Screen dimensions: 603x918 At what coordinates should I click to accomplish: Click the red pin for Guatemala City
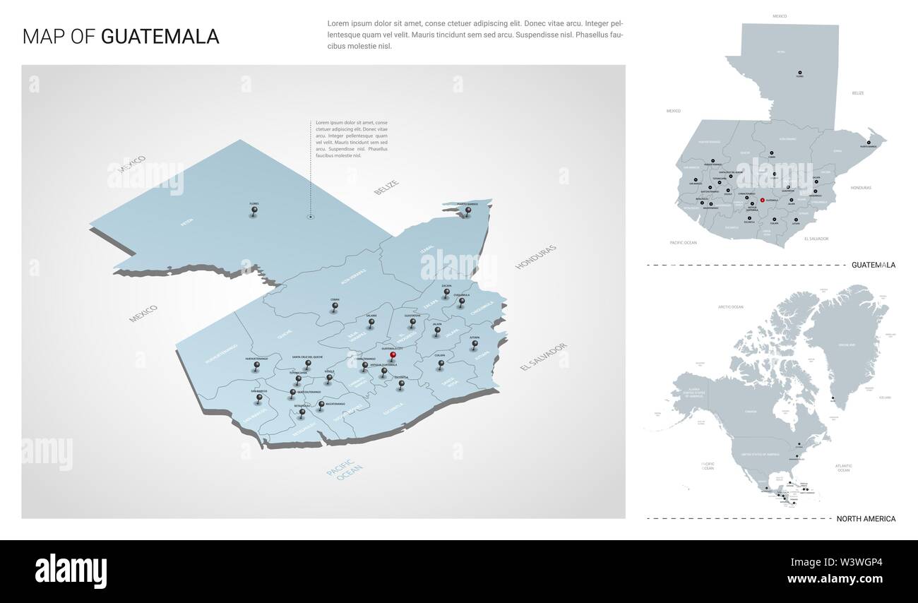(x=393, y=357)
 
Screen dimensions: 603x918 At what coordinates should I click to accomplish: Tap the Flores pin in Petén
(x=254, y=211)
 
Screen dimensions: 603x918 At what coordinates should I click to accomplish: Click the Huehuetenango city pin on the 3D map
(x=256, y=366)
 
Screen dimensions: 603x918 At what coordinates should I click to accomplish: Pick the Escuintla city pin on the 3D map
(x=401, y=385)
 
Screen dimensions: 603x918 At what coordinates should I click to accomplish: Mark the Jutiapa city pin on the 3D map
(x=475, y=345)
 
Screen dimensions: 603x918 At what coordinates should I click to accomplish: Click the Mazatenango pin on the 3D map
(x=321, y=405)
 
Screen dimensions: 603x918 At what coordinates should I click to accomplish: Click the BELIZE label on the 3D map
(x=386, y=188)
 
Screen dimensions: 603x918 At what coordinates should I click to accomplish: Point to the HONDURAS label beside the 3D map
(x=536, y=258)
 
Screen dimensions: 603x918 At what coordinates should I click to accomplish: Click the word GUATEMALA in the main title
(x=160, y=37)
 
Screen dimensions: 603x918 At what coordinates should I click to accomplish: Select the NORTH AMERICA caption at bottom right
(x=865, y=519)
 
